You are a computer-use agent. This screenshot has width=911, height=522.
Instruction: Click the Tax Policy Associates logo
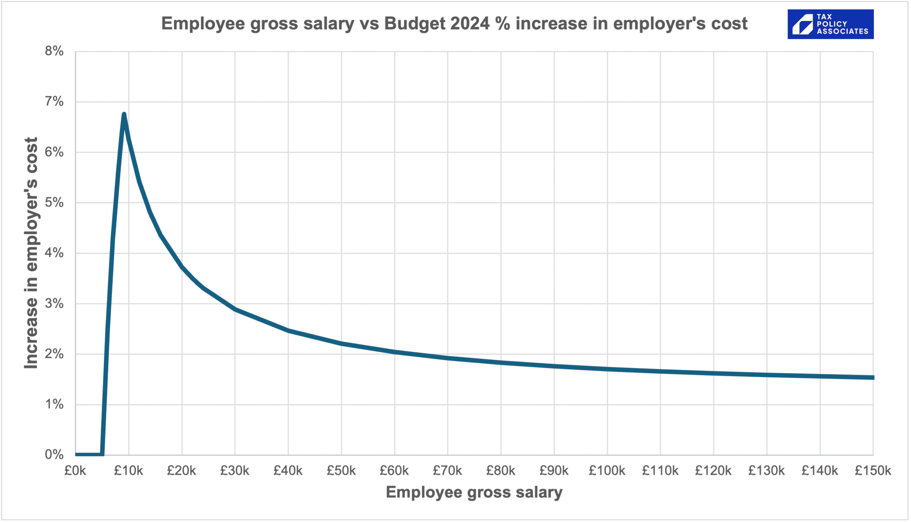click(830, 24)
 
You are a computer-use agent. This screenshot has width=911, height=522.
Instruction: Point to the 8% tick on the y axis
click(54, 51)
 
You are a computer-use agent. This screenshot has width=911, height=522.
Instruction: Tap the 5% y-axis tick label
click(54, 203)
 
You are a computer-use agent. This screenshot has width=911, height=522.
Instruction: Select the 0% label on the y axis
click(54, 455)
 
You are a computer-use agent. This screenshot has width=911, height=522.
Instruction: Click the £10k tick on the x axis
click(128, 470)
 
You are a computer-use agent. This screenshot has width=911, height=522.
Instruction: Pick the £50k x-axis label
click(341, 470)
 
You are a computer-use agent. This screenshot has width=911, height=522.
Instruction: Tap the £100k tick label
click(607, 470)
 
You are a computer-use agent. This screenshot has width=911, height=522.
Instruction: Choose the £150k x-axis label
click(873, 470)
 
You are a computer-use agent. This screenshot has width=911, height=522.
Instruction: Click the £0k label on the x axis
click(75, 470)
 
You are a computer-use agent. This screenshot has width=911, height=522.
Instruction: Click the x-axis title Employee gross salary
click(474, 492)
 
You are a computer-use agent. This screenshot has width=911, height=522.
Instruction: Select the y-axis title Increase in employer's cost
click(31, 253)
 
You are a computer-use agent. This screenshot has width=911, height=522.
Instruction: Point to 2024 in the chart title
click(469, 24)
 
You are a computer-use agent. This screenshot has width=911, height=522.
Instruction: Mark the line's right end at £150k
click(873, 377)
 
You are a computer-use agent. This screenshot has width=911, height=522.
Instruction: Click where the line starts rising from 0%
click(102, 454)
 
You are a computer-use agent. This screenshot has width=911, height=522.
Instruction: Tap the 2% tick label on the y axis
click(54, 354)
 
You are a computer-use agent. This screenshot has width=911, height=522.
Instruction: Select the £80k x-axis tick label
click(500, 470)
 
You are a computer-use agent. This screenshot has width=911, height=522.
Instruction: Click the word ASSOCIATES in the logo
click(843, 32)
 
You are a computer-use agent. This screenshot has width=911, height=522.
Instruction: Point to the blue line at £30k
click(235, 309)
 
